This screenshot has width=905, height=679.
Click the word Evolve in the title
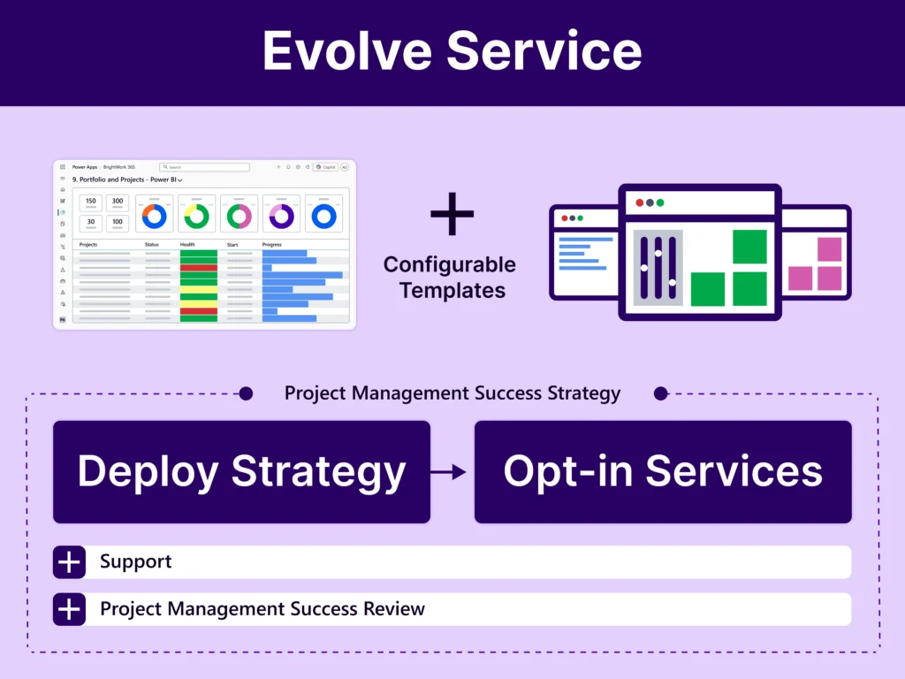[x=346, y=51]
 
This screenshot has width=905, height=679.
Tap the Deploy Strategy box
[x=241, y=472]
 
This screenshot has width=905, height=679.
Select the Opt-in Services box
[x=663, y=472]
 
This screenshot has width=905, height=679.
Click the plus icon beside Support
[x=69, y=562]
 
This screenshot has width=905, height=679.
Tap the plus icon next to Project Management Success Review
[x=69, y=609]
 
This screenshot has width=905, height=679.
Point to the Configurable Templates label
[x=450, y=277]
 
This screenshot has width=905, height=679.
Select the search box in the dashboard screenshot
[x=204, y=166]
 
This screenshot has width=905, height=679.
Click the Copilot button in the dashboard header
[x=325, y=166]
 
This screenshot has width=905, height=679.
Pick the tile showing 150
[x=91, y=202]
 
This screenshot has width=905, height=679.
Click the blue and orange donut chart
[x=155, y=215]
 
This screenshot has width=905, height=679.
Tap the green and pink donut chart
[x=240, y=215]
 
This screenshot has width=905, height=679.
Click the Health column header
[x=187, y=244]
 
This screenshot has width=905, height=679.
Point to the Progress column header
[x=272, y=244]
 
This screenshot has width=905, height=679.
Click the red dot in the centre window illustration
[x=639, y=202]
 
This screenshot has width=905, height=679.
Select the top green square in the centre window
[x=749, y=247]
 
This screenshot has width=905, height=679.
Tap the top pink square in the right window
[x=829, y=249]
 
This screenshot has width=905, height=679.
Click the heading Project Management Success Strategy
[x=452, y=393]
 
